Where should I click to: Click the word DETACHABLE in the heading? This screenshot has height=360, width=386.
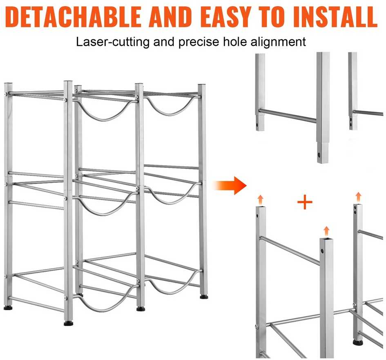tap(73, 16)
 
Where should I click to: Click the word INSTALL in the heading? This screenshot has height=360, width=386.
tap(335, 16)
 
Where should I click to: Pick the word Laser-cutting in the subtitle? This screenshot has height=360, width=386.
tap(112, 42)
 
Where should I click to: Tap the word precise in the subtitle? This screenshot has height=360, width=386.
tap(199, 42)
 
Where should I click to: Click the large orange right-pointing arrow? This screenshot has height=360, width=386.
tap(230, 186)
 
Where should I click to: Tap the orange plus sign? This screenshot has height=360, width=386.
tap(305, 202)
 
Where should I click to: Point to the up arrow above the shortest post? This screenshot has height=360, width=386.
tap(326, 231)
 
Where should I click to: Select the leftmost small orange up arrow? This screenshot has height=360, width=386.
tap(260, 200)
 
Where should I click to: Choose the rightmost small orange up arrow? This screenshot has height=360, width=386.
tap(359, 197)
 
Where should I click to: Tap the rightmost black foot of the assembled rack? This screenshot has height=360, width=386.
tap(204, 297)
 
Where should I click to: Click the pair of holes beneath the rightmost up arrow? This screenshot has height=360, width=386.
tap(355, 210)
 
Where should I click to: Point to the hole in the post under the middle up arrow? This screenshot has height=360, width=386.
tap(322, 251)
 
